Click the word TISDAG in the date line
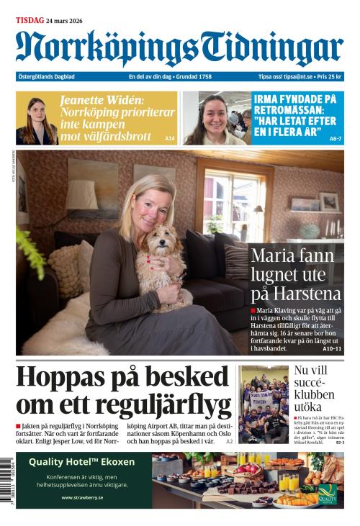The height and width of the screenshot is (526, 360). point(30,21)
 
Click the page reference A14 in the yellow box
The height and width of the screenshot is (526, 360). point(170,137)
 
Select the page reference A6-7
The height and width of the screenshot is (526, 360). point(336,137)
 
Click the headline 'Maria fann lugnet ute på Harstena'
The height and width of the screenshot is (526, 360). point(292,275)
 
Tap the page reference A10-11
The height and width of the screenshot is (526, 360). point(332,349)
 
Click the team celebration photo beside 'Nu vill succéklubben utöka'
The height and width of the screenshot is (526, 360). point(264,404)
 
